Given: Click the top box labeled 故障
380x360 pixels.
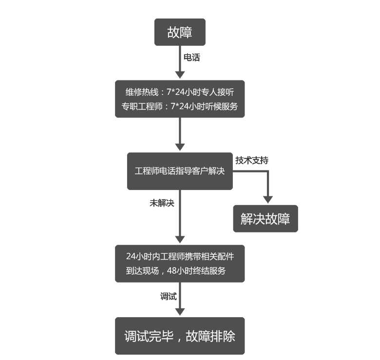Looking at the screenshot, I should tap(180, 32).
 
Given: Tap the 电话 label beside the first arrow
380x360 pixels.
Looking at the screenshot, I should tap(191, 57).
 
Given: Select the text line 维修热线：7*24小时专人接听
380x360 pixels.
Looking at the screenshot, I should tap(180, 92).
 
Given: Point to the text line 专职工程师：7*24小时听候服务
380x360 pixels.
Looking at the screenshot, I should tap(180, 106).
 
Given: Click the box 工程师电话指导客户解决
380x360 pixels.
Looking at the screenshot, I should tap(180, 171).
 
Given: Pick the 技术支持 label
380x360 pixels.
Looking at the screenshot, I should tap(252, 160).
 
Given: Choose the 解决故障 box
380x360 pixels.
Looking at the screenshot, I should tap(265, 219).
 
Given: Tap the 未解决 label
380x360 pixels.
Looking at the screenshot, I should tap(162, 203).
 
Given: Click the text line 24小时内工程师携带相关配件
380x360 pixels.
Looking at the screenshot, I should tap(180, 256).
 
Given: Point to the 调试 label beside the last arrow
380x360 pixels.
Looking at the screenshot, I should tap(169, 296).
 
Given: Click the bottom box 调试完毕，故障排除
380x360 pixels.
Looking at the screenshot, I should tap(180, 336).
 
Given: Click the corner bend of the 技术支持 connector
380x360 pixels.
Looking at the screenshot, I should tap(267, 171).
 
